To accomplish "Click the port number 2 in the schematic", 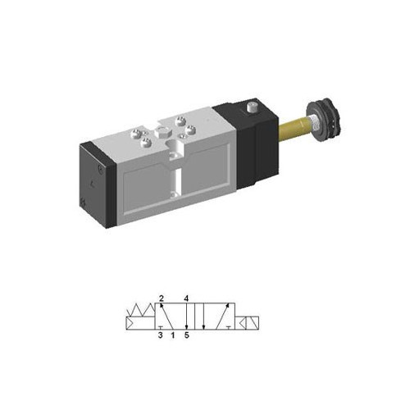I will pyautogui.click(x=162, y=298).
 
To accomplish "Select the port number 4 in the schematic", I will pyautogui.click(x=187, y=298).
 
